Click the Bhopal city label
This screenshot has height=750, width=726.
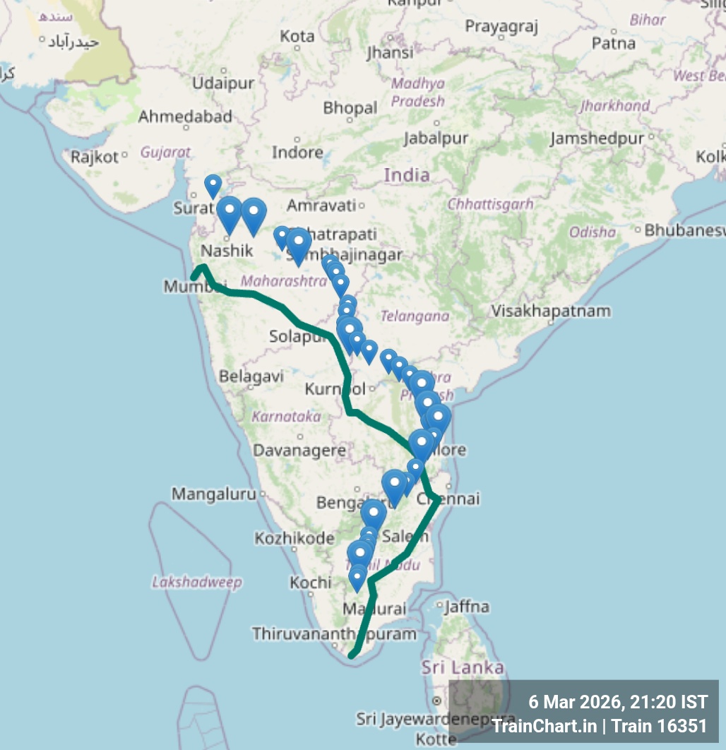(350, 108)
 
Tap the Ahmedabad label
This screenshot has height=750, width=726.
(185, 116)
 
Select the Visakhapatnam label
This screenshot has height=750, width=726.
(551, 311)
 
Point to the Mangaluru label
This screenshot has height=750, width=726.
(214, 494)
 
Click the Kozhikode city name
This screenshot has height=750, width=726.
(294, 538)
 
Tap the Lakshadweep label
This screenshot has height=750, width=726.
(197, 582)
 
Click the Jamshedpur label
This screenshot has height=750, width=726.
(597, 138)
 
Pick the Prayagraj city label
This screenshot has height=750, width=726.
(501, 27)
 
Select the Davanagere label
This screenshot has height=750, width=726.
(299, 450)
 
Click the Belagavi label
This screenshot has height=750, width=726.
(251, 376)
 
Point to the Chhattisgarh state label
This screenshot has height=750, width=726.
(490, 204)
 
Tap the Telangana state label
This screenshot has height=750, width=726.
(415, 316)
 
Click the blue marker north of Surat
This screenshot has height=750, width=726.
(213, 186)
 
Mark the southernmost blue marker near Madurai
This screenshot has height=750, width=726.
(357, 580)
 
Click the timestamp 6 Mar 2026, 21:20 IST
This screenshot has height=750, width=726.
(618, 702)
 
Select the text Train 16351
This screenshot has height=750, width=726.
(660, 725)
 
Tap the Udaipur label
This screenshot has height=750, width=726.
(223, 83)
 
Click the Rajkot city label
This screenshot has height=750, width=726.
(95, 157)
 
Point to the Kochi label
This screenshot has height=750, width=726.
(310, 583)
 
